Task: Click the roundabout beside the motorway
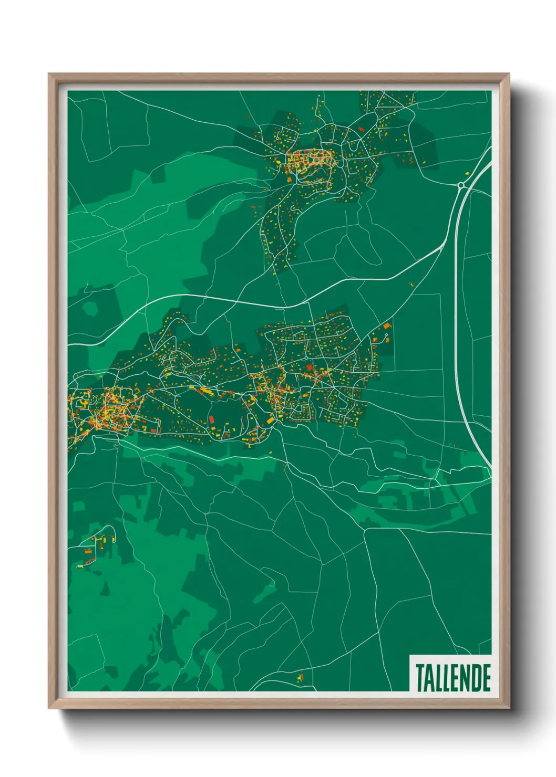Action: coord(461,185)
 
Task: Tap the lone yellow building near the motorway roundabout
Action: coord(467,172)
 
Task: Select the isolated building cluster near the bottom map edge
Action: coord(300,677)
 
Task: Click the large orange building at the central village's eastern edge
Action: coord(387,327)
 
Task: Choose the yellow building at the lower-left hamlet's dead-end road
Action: coord(80,566)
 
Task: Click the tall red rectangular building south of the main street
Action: coord(211,420)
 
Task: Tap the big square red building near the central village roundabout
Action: coord(309,367)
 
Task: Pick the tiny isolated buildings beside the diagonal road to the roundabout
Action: coord(411,284)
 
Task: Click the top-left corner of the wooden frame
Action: coord(49,74)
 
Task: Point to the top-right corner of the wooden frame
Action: coord(509,74)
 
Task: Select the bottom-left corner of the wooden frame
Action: coord(49,708)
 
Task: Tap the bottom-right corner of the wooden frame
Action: coord(509,708)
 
